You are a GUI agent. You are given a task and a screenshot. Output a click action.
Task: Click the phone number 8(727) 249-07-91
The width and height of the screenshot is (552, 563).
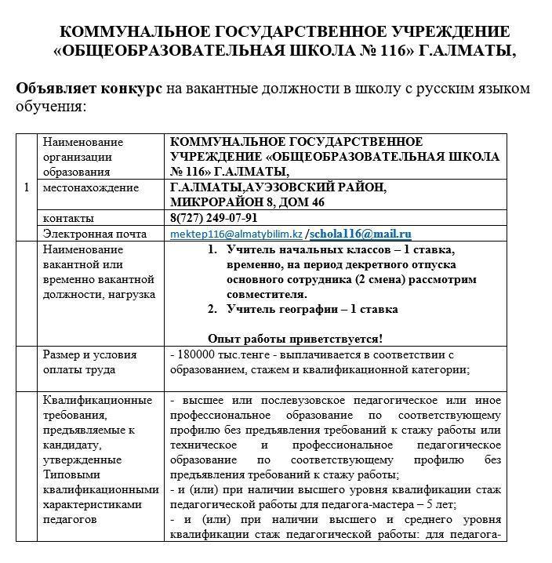tap(213, 218)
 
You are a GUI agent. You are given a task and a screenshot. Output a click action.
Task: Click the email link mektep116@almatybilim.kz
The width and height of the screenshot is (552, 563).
tap(236, 234)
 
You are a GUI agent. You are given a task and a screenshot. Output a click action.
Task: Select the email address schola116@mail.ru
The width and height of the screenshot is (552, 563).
tap(360, 234)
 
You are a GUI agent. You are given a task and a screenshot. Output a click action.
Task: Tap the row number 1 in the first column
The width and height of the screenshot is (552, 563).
tap(27, 187)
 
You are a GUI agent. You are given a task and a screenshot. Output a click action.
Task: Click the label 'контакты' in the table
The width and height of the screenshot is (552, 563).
tap(68, 218)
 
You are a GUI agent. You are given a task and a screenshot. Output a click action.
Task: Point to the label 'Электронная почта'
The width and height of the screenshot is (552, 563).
tap(95, 234)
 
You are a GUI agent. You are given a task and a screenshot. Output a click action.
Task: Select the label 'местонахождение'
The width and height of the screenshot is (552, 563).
tap(91, 188)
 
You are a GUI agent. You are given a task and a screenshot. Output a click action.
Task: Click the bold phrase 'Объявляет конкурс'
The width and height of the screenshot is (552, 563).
tap(89, 89)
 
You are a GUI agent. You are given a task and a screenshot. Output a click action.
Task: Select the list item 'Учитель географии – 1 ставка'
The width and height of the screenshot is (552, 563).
tap(312, 309)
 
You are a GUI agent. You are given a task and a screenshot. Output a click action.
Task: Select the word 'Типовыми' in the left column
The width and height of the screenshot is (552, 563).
tap(70, 475)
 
